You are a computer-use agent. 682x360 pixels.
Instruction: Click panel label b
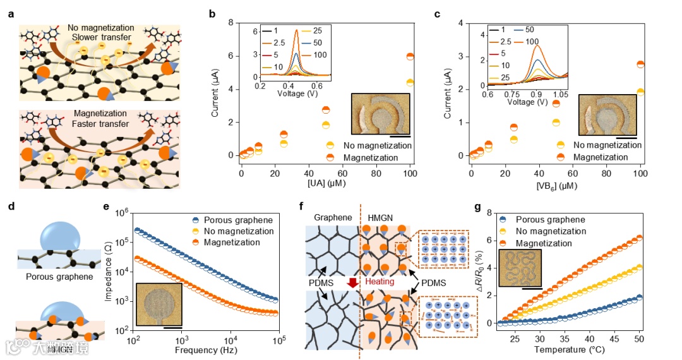click(212, 13)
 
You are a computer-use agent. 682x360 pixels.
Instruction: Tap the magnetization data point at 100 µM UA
click(410, 57)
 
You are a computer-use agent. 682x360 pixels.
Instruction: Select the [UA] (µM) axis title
click(325, 186)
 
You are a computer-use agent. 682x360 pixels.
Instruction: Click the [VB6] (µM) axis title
click(556, 186)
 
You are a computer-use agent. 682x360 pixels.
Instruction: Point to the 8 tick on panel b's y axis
click(234, 23)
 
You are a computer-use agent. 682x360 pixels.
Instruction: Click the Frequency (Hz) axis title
click(205, 350)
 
